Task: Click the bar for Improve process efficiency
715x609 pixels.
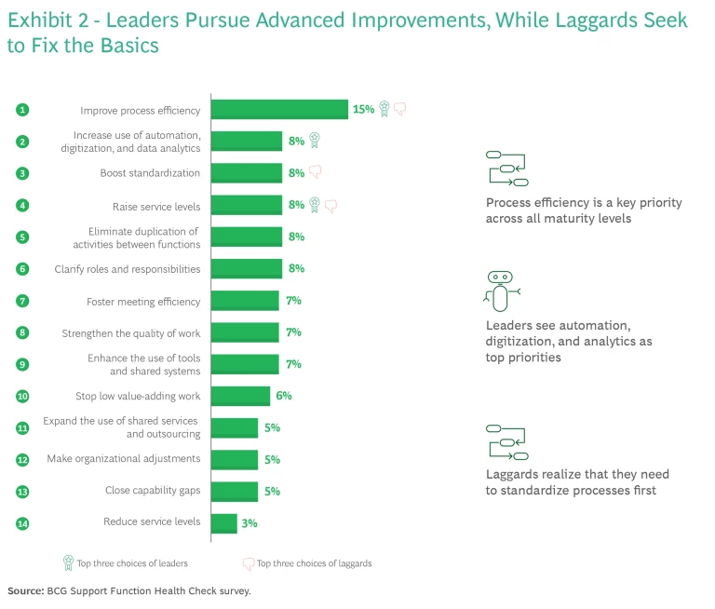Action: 279,109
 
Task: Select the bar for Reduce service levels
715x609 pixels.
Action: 224,523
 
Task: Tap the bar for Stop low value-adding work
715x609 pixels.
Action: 240,396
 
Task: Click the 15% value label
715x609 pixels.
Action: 363,109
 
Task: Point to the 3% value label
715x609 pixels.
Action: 250,523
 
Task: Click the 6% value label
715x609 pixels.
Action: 283,396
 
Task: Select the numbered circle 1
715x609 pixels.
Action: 22,109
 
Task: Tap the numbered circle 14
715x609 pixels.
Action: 22,523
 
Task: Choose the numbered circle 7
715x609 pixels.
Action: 22,301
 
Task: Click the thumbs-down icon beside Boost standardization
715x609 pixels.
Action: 315,171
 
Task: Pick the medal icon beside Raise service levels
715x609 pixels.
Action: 315,204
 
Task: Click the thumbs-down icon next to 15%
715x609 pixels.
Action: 400,109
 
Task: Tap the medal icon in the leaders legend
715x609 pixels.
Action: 68,562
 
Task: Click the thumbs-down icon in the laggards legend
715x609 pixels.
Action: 248,563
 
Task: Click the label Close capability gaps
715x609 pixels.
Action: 153,491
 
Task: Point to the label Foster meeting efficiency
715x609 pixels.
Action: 143,301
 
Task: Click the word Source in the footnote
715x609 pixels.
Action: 26,591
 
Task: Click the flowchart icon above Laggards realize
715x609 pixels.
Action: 507,440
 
